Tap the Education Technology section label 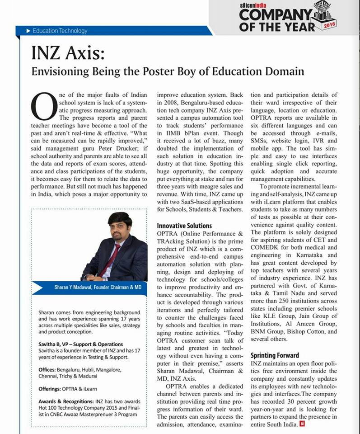60,31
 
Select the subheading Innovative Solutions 184,225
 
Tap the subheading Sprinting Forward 275,355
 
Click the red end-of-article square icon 302,425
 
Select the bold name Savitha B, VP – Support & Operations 80,344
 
